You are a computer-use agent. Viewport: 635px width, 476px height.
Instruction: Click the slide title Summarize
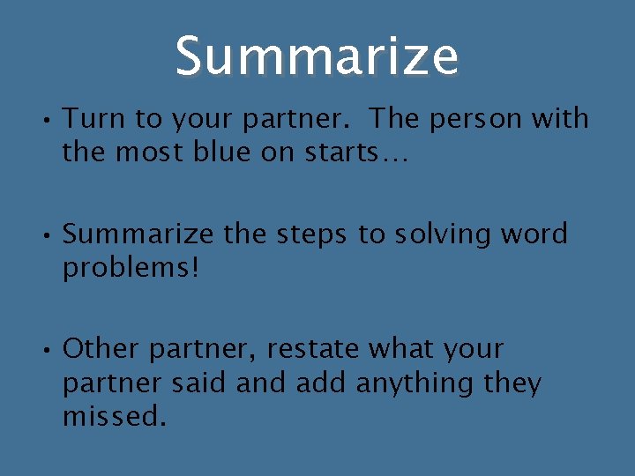point(317,56)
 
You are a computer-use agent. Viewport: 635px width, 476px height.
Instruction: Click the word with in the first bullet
point(560,118)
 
